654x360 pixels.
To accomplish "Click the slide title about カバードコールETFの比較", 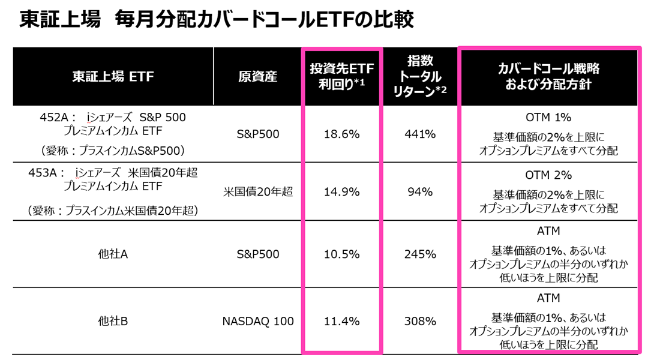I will click(x=217, y=19).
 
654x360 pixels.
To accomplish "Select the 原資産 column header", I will click(x=257, y=77).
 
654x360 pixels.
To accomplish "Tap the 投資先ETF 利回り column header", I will click(x=341, y=76).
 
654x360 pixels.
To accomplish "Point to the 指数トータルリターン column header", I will click(x=420, y=76).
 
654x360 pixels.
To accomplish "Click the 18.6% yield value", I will click(x=341, y=134).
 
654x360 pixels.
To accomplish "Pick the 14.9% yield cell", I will click(x=341, y=192).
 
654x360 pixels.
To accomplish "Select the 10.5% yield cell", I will click(x=341, y=254).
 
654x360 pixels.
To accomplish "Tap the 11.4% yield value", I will click(x=341, y=322).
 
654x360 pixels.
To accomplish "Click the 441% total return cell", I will click(x=420, y=134).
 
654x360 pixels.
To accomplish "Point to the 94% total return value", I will click(x=420, y=192).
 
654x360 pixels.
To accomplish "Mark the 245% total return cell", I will click(x=420, y=254).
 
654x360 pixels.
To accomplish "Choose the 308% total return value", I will click(x=420, y=322).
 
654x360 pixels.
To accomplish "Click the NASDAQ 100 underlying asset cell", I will click(x=258, y=322).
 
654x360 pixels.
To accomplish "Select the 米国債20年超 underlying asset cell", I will click(x=258, y=192).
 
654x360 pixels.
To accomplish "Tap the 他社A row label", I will click(x=113, y=254).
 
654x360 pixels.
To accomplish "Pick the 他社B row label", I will click(x=113, y=322).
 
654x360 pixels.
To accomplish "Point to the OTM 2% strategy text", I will click(x=548, y=175).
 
